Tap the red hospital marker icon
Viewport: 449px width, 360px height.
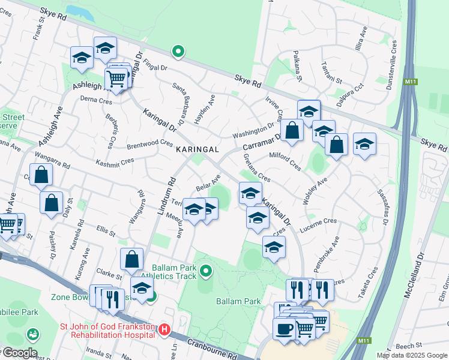164,329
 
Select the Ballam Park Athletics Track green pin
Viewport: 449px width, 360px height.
206,271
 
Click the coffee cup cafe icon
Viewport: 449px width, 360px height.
284,329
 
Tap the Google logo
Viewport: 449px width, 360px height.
19,353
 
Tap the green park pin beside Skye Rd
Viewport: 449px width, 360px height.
178,52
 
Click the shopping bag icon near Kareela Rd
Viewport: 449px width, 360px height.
52,203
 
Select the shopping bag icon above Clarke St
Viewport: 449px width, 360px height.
132,259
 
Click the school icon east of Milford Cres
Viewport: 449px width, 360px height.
364,144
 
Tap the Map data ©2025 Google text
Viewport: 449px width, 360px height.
412,355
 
